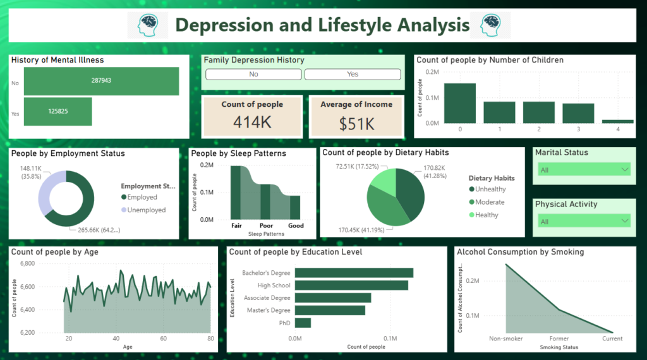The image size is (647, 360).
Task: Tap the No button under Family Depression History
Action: pyautogui.click(x=253, y=75)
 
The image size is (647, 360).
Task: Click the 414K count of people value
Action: pyautogui.click(x=252, y=123)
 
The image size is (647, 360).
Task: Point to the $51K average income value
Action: pyautogui.click(x=356, y=123)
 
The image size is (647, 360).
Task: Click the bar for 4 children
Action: pyautogui.click(x=618, y=121)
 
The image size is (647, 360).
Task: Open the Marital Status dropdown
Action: pyautogui.click(x=584, y=169)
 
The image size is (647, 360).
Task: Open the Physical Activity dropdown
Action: pyautogui.click(x=584, y=221)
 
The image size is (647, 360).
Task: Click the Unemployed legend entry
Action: pyautogui.click(x=147, y=210)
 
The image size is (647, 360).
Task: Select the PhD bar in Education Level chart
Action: pyautogui.click(x=303, y=323)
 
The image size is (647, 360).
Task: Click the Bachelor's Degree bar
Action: pyautogui.click(x=354, y=273)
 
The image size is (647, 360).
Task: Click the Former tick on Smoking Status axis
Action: pyautogui.click(x=559, y=339)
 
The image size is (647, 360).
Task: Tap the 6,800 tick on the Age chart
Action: pyautogui.click(x=49, y=264)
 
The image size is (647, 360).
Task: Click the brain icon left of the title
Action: pyautogui.click(x=152, y=25)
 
